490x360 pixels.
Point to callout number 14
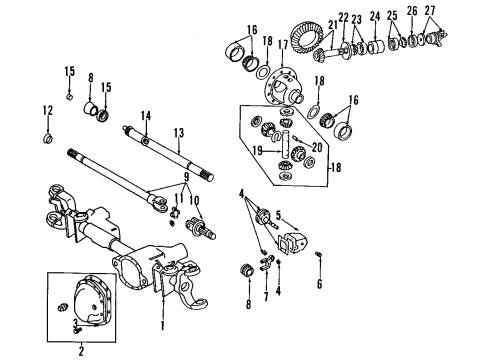coord(146,117)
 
